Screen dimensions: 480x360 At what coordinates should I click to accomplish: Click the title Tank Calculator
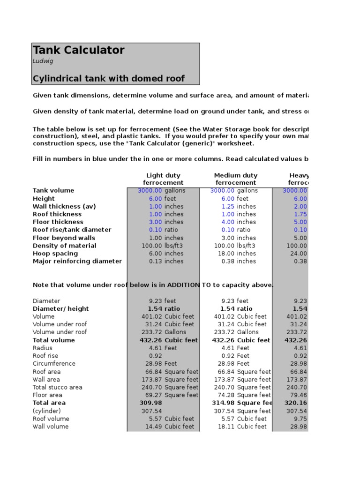coord(78,50)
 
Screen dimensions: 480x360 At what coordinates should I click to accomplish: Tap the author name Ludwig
coord(43,61)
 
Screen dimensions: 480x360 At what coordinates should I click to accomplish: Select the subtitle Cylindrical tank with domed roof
coord(109,78)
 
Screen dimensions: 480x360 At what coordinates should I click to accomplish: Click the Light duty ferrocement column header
coord(163,179)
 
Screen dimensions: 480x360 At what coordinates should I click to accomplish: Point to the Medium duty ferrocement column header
coord(236,179)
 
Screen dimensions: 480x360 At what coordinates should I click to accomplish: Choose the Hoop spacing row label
coord(55,253)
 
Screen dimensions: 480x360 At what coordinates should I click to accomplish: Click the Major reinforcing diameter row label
coord(77,261)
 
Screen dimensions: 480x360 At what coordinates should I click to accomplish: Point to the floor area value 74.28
coord(225,395)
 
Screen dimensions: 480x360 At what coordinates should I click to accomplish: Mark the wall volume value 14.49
coord(152,427)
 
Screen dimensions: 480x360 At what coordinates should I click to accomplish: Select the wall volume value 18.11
coord(225,427)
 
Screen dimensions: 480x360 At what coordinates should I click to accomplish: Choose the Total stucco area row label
coord(57,387)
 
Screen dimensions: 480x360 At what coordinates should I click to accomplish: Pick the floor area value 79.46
coord(299,395)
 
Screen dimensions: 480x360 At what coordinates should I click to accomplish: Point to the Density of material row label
coord(64,246)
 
